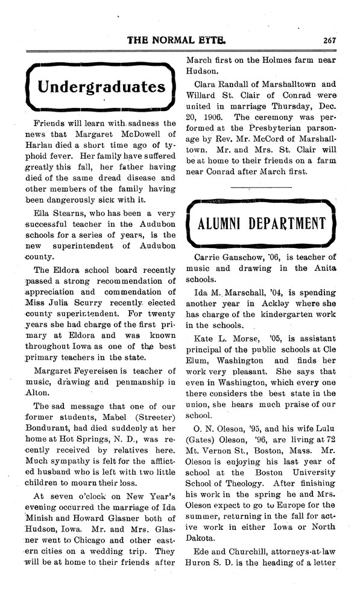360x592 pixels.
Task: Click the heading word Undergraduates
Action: (x=101, y=86)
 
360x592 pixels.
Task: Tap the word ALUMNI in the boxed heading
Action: (x=225, y=224)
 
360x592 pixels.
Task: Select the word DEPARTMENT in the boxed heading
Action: (x=291, y=224)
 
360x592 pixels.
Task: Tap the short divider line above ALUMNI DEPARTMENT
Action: (x=257, y=188)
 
